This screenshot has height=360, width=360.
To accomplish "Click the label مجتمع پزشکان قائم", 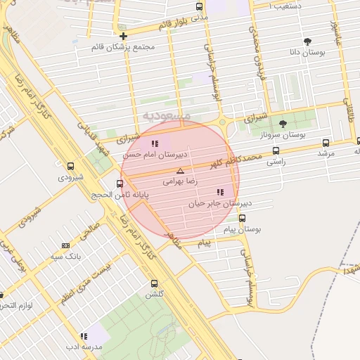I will click(123, 47).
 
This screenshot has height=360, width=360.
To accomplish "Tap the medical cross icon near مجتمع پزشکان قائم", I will click(123, 36).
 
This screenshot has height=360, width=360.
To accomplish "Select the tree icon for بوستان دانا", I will click(307, 41).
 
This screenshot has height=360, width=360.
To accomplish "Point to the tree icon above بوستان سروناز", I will click(283, 124).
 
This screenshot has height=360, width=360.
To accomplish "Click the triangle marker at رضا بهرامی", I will click(180, 171).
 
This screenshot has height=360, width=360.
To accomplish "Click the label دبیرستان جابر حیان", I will click(219, 203).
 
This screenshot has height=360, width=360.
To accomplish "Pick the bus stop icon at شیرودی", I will click(70, 167).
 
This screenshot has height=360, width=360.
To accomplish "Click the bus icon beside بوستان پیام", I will click(243, 218).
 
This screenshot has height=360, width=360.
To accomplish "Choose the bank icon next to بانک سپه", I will click(66, 245).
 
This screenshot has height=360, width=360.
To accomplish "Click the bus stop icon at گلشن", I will click(154, 284).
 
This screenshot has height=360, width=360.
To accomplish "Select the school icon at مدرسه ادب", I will click(84, 336).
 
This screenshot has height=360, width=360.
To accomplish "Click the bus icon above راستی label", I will click(275, 150).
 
